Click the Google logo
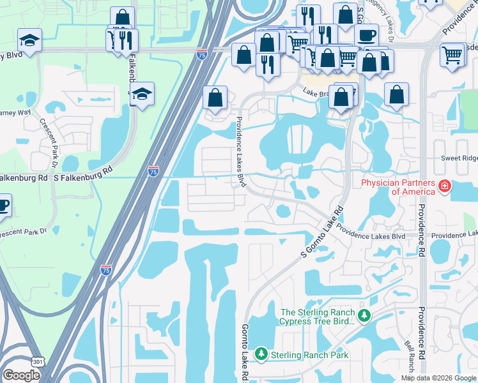point(21,375)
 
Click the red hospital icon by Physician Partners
point(445,187)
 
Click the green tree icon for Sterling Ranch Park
point(261,354)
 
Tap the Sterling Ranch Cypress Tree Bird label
point(317,317)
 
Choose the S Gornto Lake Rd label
point(322,232)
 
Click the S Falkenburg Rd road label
point(82,170)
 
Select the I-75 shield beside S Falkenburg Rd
point(153,171)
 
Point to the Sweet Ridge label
point(459,158)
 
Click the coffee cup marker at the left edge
point(3,206)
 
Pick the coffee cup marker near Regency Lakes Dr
point(367,35)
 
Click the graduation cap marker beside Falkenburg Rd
point(143,93)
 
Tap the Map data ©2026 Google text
point(438,378)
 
